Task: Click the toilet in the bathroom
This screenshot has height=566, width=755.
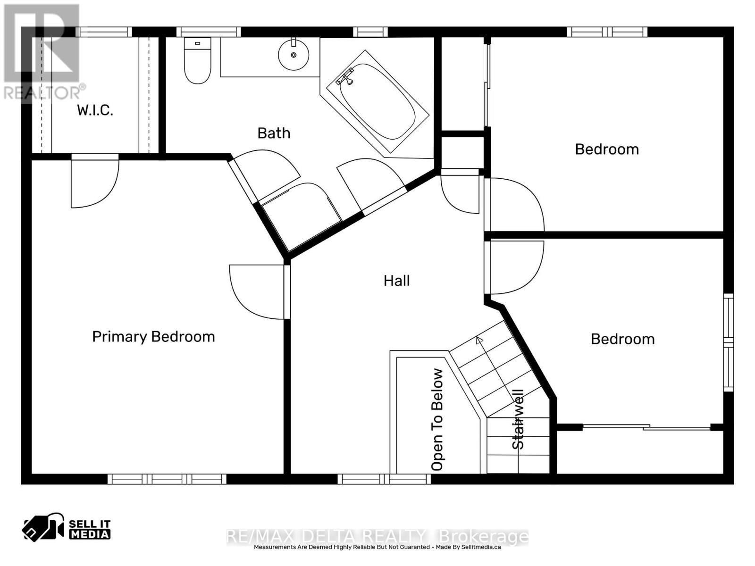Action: (x=197, y=64)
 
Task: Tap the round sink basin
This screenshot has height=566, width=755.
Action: (x=294, y=55)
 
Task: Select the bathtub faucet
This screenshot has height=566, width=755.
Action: (x=346, y=78)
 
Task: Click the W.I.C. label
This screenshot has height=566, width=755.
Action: (x=95, y=110)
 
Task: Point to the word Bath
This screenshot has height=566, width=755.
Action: (x=274, y=133)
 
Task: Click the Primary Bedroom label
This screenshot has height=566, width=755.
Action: (x=153, y=337)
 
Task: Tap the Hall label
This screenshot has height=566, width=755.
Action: (x=396, y=281)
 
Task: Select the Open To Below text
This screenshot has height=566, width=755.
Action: (x=437, y=420)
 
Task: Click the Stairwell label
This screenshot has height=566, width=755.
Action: (x=518, y=419)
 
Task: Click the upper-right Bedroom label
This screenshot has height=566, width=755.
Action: (x=607, y=150)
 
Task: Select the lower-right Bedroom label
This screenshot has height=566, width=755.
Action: (x=622, y=339)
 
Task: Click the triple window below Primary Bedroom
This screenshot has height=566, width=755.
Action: (x=167, y=479)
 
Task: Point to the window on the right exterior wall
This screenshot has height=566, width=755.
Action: (x=729, y=342)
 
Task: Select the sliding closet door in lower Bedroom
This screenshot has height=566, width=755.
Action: (x=646, y=427)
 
